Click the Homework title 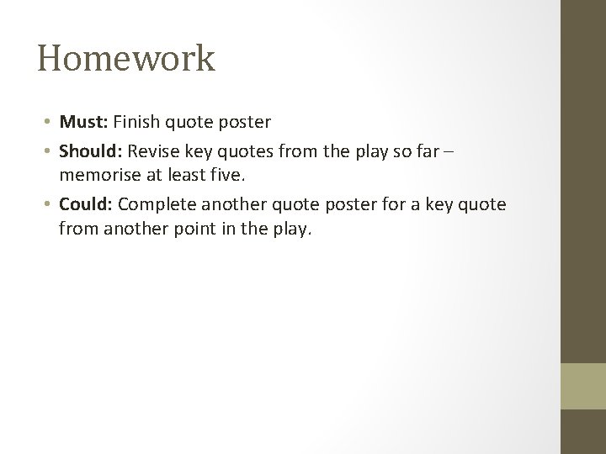coord(126,60)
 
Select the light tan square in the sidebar coord(583,386)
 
